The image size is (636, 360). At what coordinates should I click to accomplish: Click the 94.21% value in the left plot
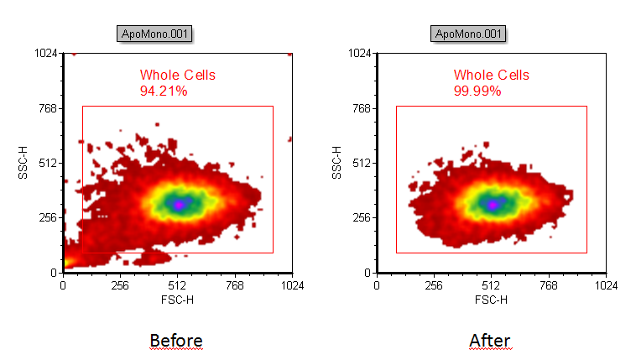click(164, 91)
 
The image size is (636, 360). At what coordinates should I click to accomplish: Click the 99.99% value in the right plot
click(477, 91)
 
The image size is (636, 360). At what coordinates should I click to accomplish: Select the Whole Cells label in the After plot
click(492, 76)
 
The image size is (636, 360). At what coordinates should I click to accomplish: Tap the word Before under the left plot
click(176, 340)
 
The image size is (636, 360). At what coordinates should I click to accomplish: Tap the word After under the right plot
click(490, 340)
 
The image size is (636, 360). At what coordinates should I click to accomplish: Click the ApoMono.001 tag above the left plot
click(155, 34)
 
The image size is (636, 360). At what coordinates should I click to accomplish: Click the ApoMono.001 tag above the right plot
click(469, 34)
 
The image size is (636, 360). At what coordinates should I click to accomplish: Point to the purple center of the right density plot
click(493, 204)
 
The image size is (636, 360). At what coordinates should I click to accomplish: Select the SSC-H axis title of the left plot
click(23, 163)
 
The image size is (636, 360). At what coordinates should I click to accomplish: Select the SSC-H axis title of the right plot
click(336, 163)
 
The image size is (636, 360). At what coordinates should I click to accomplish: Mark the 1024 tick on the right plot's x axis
click(606, 285)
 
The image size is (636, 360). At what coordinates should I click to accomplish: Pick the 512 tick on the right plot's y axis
click(361, 163)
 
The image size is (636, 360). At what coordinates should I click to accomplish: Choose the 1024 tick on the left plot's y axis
click(44, 53)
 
